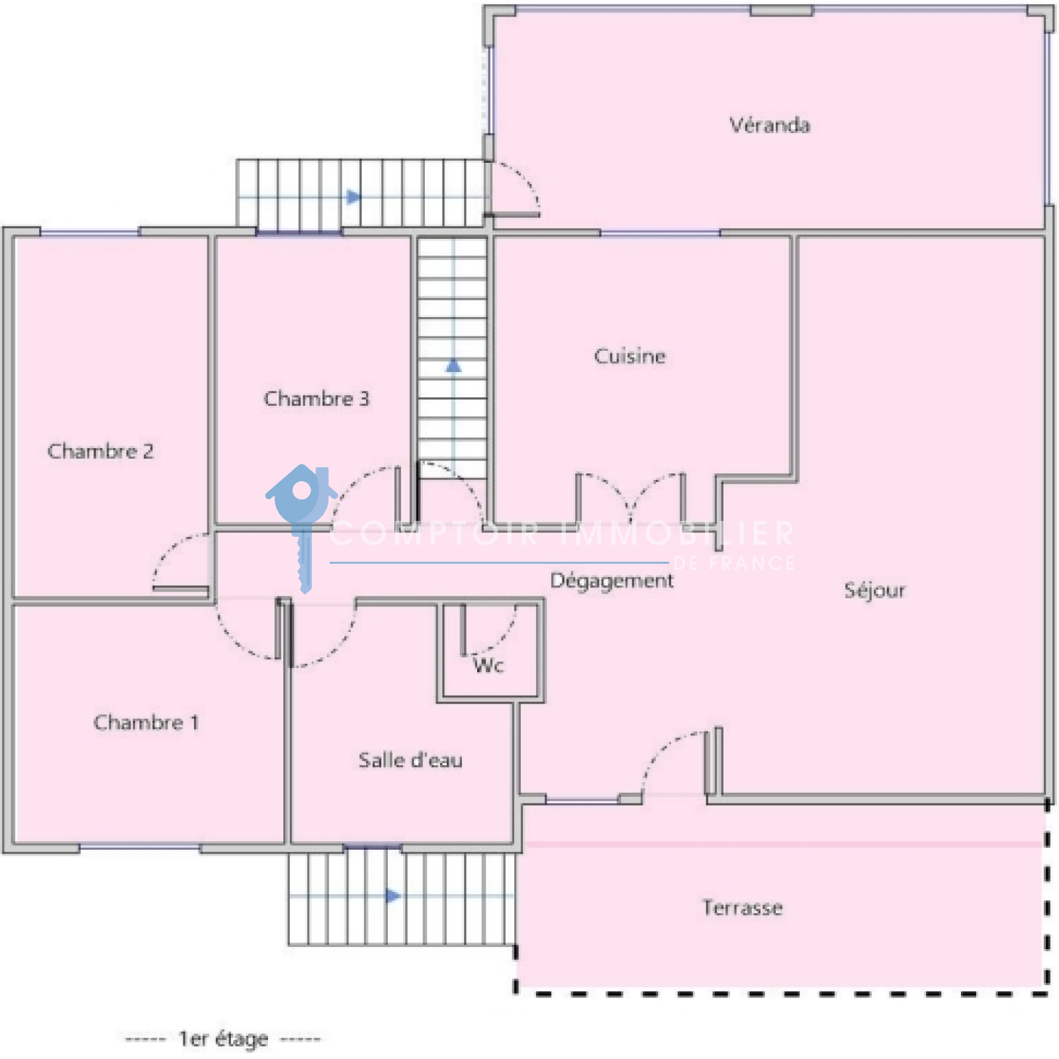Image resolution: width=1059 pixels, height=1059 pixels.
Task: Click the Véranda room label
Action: (770, 125)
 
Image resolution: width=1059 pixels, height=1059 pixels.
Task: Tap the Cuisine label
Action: (629, 356)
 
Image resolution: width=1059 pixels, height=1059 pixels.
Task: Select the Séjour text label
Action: (874, 590)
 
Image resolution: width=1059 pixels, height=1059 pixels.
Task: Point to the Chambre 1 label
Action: (146, 722)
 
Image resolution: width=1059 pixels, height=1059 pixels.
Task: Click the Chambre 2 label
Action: (101, 451)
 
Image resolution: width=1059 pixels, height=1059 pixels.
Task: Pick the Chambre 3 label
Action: (316, 398)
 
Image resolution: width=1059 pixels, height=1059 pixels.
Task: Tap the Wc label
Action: (488, 665)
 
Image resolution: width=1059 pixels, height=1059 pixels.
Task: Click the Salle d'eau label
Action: (410, 760)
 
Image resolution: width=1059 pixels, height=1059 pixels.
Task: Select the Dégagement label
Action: (612, 581)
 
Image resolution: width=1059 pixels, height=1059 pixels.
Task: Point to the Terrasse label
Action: (742, 907)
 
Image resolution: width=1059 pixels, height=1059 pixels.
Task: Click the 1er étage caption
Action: (223, 1039)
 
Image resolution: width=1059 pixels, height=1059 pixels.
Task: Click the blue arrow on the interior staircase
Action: (453, 365)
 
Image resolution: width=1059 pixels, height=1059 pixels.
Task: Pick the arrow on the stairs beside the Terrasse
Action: (393, 896)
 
